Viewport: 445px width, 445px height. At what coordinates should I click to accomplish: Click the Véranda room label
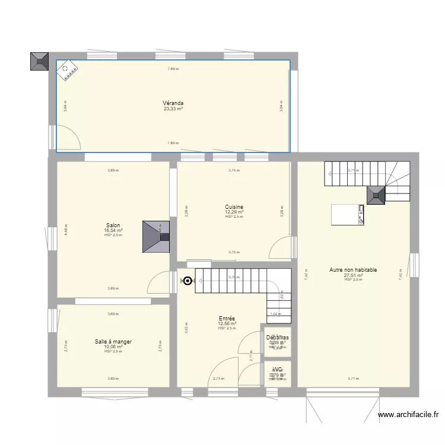(173, 103)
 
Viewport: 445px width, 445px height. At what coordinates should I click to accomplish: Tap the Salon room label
(113, 225)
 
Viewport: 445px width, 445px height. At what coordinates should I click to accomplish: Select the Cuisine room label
(234, 207)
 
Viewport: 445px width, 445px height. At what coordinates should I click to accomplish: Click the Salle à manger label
(113, 342)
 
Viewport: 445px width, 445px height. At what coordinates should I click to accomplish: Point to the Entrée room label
(227, 318)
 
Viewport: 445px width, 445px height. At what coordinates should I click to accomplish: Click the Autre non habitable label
(353, 270)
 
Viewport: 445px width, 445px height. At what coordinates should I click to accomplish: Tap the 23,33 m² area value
(173, 109)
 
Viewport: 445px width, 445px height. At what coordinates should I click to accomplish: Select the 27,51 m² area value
(353, 275)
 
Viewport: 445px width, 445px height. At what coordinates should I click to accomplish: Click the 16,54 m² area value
(113, 230)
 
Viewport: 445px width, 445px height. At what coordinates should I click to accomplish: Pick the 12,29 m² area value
(234, 212)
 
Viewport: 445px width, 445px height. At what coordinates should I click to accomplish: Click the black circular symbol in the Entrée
(188, 281)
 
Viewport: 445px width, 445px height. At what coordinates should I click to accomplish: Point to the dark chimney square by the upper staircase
(376, 195)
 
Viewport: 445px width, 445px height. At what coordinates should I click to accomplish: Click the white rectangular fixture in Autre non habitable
(347, 214)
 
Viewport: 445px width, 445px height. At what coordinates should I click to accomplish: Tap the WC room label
(277, 370)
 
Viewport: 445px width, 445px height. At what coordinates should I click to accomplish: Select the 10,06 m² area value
(113, 347)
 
